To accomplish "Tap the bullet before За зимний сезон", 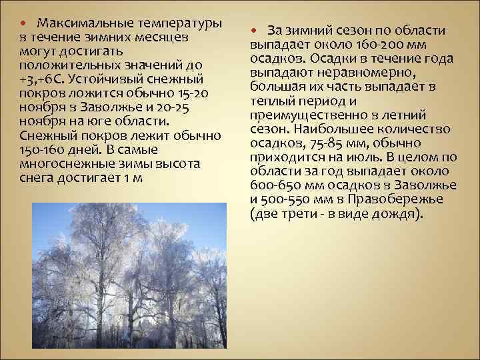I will pyautogui.click(x=255, y=31).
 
